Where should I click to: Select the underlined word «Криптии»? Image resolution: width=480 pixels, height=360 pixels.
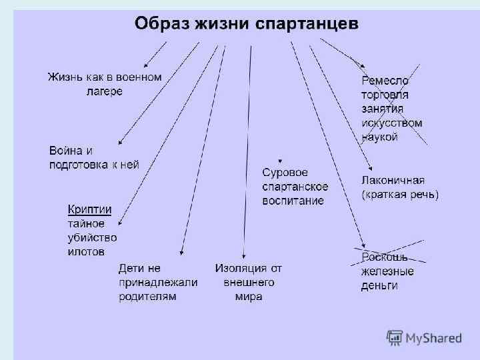[x=89, y=209]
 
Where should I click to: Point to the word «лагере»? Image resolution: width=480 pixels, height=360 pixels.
[x=104, y=91]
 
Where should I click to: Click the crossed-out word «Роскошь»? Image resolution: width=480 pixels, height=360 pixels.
[x=384, y=257]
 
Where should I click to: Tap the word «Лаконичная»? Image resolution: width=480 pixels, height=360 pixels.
[x=393, y=180]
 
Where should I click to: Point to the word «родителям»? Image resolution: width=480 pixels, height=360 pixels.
[x=147, y=297]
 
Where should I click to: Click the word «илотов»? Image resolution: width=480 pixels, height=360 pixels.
[x=85, y=252]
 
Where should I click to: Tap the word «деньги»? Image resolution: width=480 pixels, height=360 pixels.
[x=379, y=286]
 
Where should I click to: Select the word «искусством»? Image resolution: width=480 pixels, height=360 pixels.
[x=392, y=123]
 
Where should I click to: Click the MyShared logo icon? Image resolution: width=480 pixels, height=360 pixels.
[x=395, y=338]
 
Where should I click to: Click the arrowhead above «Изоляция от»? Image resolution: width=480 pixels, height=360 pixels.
[x=245, y=257]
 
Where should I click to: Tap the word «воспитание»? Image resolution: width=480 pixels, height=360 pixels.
[x=293, y=201]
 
